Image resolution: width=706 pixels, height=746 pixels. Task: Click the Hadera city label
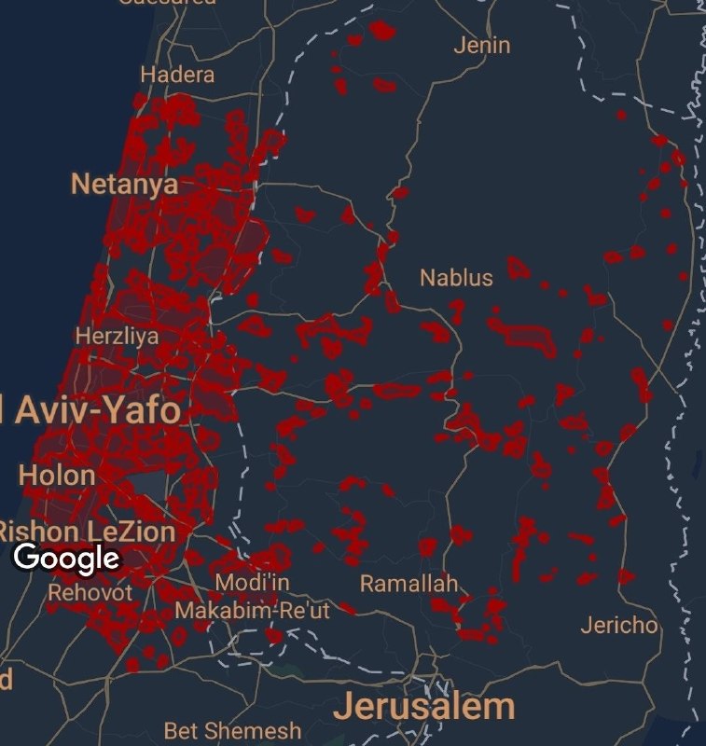pyautogui.click(x=177, y=75)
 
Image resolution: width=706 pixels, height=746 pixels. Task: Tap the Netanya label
pyautogui.click(x=124, y=184)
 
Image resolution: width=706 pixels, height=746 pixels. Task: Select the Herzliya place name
pyautogui.click(x=118, y=336)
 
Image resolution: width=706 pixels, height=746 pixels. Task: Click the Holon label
pyautogui.click(x=57, y=476)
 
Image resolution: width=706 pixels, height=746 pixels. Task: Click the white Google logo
pyautogui.click(x=67, y=559)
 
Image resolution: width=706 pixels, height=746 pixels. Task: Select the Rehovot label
pyautogui.click(x=90, y=592)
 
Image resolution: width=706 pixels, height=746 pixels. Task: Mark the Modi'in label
pyautogui.click(x=252, y=583)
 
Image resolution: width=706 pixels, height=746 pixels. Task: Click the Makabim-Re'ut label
pyautogui.click(x=252, y=612)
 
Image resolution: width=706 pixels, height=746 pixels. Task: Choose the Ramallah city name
pyautogui.click(x=409, y=585)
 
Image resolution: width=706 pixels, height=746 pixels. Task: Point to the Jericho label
pyautogui.click(x=618, y=625)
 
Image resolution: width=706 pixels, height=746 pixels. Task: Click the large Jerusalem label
pyautogui.click(x=424, y=706)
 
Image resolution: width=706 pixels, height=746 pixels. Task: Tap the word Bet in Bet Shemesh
pyautogui.click(x=182, y=730)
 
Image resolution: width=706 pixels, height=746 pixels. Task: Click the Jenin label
pyautogui.click(x=481, y=45)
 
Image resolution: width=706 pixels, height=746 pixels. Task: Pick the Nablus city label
pyautogui.click(x=456, y=277)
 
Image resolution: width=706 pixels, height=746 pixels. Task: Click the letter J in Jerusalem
pyautogui.click(x=344, y=706)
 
